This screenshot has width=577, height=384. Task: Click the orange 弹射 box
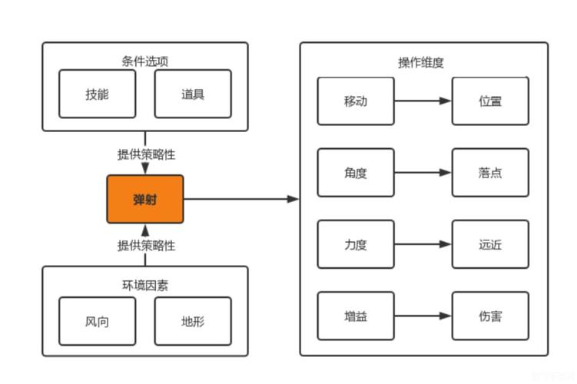[x=145, y=200]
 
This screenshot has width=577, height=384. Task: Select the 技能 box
[x=97, y=94]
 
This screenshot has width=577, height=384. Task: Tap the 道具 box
[x=193, y=94]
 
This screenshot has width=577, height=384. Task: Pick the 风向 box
[x=97, y=321]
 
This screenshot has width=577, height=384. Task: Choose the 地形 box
[x=193, y=321]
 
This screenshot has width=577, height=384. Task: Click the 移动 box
[x=356, y=101]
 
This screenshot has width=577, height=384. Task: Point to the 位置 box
[x=490, y=101]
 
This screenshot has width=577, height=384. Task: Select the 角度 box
[x=356, y=173]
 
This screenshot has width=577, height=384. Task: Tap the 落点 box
[x=490, y=173]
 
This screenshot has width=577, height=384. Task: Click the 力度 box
[x=356, y=245]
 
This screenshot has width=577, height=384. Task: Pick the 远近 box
[x=490, y=245]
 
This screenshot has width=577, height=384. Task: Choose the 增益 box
[x=356, y=316]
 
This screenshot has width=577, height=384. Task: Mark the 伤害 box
[x=490, y=316]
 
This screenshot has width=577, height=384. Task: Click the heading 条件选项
[x=145, y=61]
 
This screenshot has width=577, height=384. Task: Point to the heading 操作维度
[x=421, y=63]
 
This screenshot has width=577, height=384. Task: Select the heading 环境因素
[x=145, y=286]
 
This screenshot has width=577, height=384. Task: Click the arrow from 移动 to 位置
[x=423, y=101]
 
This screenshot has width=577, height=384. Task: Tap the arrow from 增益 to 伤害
[x=423, y=316]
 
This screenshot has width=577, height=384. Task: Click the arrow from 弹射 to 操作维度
[x=241, y=200]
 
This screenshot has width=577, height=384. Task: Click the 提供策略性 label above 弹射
[x=146, y=154]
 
